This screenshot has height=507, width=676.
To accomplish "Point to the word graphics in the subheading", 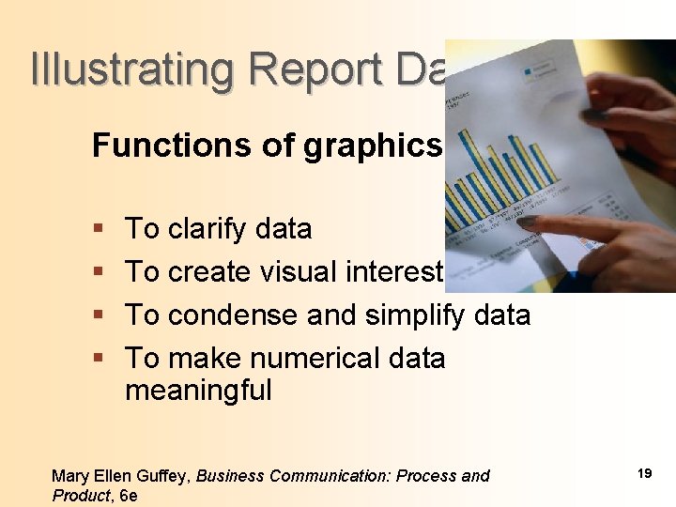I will pos(372,146).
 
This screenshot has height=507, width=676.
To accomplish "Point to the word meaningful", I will pos(198,390).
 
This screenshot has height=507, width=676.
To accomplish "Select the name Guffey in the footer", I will pos(165,477).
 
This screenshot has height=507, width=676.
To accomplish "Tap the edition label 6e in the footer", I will pos(128,496).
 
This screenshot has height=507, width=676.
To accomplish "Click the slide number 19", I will pos(644,473).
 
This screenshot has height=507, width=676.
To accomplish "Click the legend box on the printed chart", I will pos(542,70).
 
